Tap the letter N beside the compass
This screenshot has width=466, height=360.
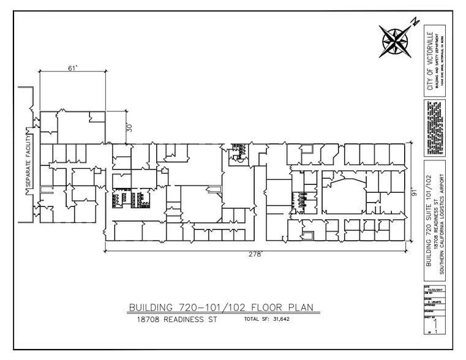tap(414, 22)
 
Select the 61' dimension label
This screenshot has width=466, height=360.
tap(73, 68)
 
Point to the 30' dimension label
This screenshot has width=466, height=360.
tap(129, 127)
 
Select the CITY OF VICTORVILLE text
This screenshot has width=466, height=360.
tap(430, 62)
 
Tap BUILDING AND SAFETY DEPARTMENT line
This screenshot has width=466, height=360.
tap(436, 62)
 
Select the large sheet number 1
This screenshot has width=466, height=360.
tap(436, 323)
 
